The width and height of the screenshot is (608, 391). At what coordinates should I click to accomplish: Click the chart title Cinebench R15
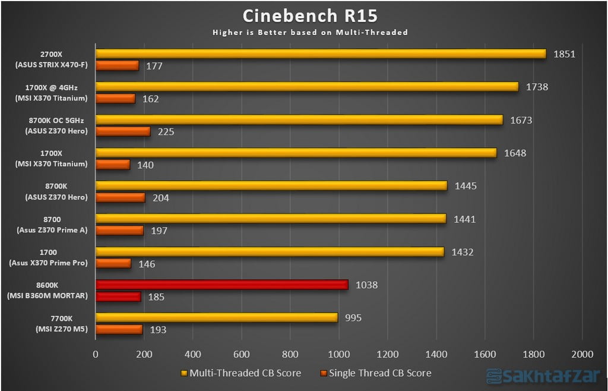click(x=310, y=15)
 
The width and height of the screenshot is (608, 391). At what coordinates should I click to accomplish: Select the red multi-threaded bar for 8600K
click(x=221, y=285)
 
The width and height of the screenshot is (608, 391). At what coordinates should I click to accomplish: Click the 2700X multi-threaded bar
click(x=321, y=53)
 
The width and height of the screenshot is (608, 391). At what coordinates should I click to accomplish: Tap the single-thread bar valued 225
click(x=123, y=131)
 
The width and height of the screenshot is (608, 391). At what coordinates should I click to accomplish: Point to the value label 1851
click(x=565, y=54)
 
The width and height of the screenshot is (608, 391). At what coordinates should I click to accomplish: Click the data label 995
click(x=353, y=318)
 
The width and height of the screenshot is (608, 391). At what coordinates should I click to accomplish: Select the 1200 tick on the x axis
click(x=387, y=354)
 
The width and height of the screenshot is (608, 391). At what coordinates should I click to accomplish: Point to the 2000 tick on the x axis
click(x=581, y=354)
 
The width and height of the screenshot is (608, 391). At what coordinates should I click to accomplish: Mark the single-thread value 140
click(x=145, y=165)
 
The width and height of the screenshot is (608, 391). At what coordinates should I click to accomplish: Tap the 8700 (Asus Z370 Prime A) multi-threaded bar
click(x=271, y=219)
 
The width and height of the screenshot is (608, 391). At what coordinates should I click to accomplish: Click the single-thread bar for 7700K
click(x=119, y=329)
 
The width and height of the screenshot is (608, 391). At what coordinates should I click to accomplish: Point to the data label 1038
click(x=366, y=285)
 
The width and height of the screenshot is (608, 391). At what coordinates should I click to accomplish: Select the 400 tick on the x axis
click(x=192, y=354)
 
